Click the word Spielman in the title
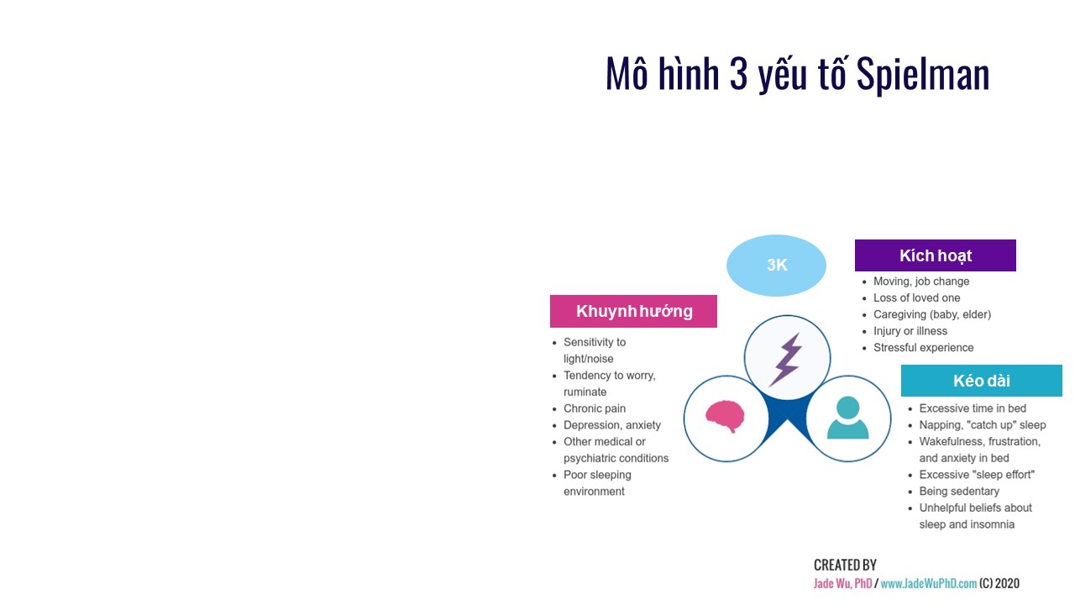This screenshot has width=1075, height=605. (x=922, y=75)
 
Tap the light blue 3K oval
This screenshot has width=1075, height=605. (x=776, y=265)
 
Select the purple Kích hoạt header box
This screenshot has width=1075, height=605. (x=936, y=255)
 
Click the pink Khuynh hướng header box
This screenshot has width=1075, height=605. (x=633, y=311)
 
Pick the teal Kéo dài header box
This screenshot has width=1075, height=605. (x=982, y=381)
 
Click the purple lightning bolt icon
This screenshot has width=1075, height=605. (x=786, y=359)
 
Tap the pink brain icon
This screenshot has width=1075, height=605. (x=725, y=416)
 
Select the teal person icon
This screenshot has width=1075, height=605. (x=847, y=418)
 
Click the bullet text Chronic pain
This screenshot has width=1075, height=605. (x=595, y=408)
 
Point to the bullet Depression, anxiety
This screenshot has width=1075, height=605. (x=612, y=425)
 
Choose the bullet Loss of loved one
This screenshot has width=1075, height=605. (x=916, y=297)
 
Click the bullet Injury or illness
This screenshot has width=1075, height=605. (x=910, y=331)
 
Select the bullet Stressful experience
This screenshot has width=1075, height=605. (x=923, y=348)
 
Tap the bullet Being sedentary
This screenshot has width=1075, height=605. (x=959, y=492)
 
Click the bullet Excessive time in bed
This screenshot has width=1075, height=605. (x=973, y=408)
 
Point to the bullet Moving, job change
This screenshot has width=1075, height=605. (x=921, y=281)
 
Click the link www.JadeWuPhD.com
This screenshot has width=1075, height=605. (x=929, y=583)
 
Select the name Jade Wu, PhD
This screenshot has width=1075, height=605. (x=842, y=583)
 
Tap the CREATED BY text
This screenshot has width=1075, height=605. (x=845, y=565)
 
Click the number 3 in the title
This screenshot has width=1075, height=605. (x=738, y=74)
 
